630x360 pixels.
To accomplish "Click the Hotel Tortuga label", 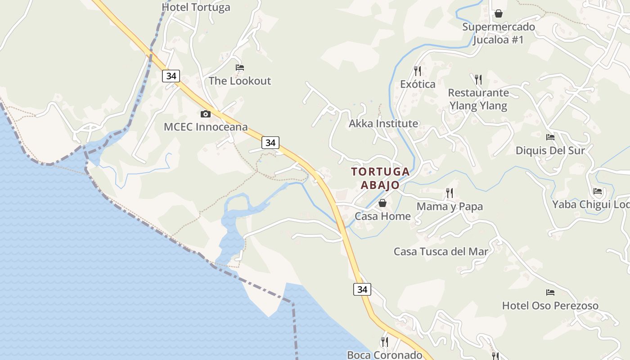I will (196, 7).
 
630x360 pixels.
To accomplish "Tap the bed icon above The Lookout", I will (240, 68).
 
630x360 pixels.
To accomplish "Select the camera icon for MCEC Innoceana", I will (206, 114).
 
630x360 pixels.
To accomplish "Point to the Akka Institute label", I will (383, 123).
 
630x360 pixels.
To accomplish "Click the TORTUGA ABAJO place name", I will (380, 178).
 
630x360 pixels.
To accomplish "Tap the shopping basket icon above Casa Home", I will (382, 203).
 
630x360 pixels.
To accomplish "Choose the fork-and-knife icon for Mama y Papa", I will (449, 193).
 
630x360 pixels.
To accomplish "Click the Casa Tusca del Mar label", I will (441, 252).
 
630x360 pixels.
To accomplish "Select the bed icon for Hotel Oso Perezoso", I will (550, 292).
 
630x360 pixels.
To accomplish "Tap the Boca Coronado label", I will (384, 355).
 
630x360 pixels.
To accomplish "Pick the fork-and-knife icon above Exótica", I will (418, 71).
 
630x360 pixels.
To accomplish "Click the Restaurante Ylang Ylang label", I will (478, 99).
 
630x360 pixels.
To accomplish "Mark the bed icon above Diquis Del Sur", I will (550, 137).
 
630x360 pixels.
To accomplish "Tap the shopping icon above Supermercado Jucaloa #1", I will (498, 14).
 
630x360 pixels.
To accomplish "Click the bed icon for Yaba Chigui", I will (598, 191).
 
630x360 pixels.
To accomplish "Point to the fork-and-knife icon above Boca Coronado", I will (384, 342).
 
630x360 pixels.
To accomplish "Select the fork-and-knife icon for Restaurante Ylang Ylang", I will (478, 80).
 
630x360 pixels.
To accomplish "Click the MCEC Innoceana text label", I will (206, 127).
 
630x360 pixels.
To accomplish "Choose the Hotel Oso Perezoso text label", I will (550, 306).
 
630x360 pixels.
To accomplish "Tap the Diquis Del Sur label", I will (550, 151).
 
